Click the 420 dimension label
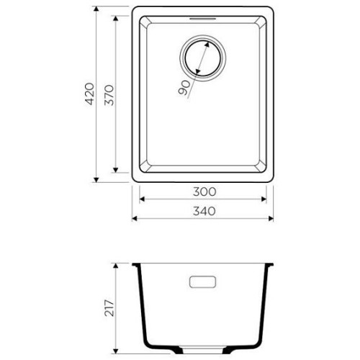90,94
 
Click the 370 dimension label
109,95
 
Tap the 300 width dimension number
204,192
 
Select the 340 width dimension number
204,211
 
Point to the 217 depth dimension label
109,308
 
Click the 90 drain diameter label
184,88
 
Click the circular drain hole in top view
202,58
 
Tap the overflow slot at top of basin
203,19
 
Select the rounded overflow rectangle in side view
203,282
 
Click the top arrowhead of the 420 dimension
96,9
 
